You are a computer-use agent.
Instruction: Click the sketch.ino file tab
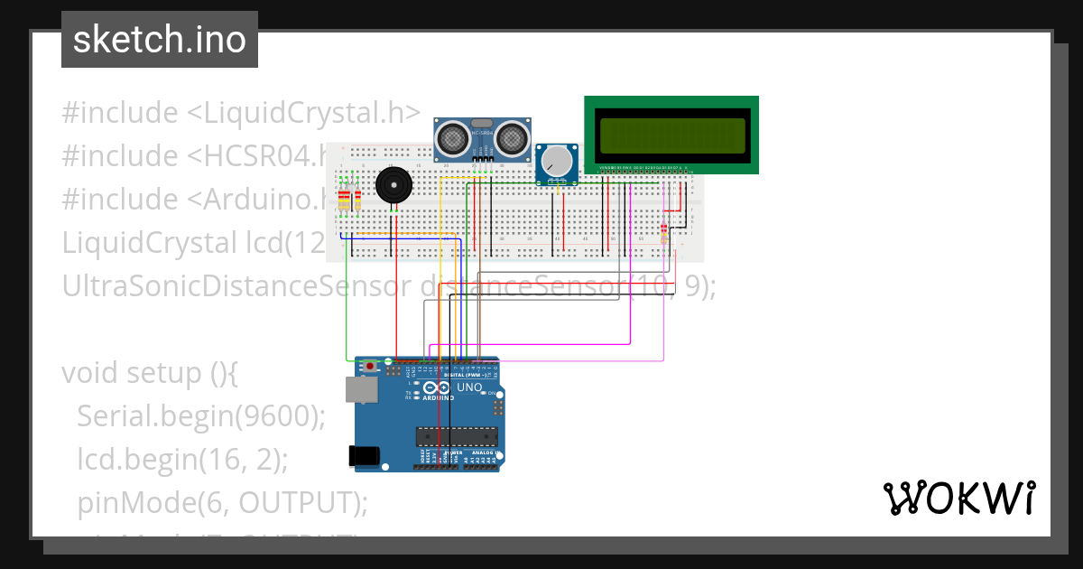coord(159,40)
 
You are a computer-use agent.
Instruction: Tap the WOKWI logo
coord(958,498)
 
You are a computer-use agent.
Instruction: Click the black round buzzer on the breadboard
coord(393,186)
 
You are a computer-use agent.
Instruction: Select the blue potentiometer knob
coord(558,162)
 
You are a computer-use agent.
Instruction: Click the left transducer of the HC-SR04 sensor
coord(451,138)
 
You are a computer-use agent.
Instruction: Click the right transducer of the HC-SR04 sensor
coord(510,138)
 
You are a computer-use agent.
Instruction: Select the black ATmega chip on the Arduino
coord(456,437)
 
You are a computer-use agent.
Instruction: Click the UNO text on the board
coord(470,387)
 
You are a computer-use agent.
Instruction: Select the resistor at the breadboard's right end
coord(665,233)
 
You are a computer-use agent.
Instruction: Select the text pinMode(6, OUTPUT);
coord(222,502)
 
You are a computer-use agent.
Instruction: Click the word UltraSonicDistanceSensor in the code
coord(237,286)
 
